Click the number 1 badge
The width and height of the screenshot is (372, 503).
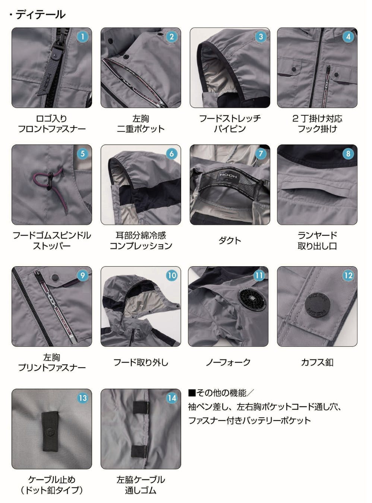[x=82, y=37]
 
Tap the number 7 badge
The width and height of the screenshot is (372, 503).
[x=261, y=154]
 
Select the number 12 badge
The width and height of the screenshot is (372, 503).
[x=348, y=276]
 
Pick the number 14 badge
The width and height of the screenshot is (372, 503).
[x=171, y=398]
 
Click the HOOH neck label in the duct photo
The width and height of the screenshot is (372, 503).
[x=228, y=176]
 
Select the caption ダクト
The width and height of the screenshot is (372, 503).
[x=230, y=241]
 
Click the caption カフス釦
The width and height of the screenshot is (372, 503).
[x=317, y=362]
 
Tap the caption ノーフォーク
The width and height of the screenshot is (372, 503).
[x=228, y=362]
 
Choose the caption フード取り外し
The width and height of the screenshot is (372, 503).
[x=141, y=362]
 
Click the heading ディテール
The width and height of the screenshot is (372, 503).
[x=40, y=15]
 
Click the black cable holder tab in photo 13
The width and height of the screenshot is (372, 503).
[x=50, y=431]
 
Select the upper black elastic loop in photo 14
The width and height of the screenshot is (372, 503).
[x=141, y=407]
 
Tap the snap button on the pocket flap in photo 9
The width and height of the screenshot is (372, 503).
[x=55, y=277]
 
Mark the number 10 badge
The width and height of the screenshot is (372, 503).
[x=171, y=276]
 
